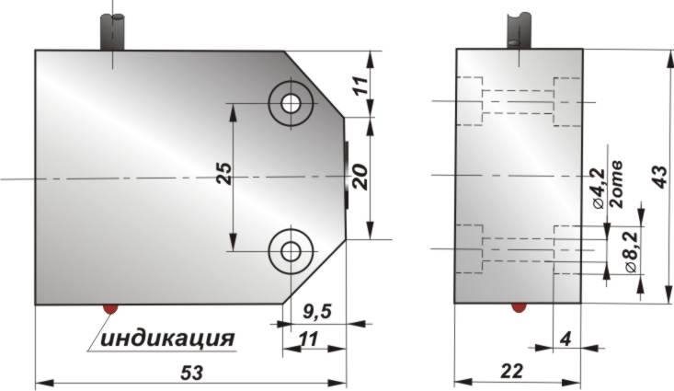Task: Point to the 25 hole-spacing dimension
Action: pyautogui.click(x=223, y=176)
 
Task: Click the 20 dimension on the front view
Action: pyautogui.click(x=360, y=175)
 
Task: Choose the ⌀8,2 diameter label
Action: pyautogui.click(x=632, y=251)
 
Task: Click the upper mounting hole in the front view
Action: pyautogui.click(x=292, y=103)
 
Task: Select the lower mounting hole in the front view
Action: pyautogui.click(x=292, y=249)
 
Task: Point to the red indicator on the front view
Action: pyautogui.click(x=110, y=308)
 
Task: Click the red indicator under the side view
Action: pyautogui.click(x=519, y=307)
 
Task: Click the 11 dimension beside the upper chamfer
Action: pyautogui.click(x=360, y=87)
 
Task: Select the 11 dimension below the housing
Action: pyautogui.click(x=309, y=339)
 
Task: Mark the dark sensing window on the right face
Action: pyautogui.click(x=347, y=174)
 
